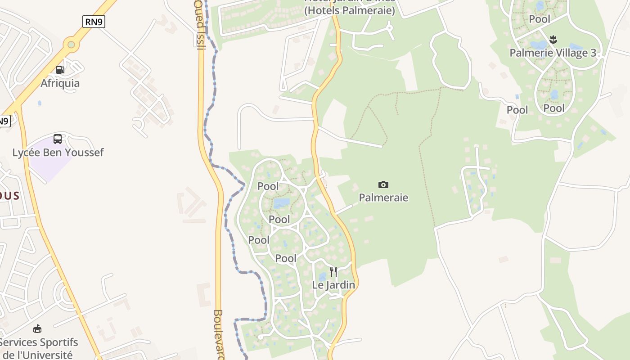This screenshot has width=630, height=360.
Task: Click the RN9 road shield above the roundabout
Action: [94, 22]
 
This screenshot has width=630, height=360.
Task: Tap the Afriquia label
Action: [60, 83]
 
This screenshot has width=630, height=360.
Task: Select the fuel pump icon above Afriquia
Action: [60, 69]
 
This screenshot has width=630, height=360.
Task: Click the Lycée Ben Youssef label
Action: [58, 153]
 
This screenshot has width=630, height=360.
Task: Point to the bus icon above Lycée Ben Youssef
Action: [58, 139]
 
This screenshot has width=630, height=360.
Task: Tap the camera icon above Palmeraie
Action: [383, 184]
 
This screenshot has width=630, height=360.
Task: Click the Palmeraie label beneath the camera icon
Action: [383, 198]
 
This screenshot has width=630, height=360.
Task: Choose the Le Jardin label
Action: [333, 285]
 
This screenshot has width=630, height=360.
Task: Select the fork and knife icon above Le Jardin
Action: [333, 271]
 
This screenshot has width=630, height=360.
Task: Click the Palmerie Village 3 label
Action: [553, 53]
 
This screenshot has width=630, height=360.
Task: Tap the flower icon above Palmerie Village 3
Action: [553, 39]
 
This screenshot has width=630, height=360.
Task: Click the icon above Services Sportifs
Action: [37, 329]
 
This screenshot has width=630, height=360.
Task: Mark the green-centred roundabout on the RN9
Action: [71, 44]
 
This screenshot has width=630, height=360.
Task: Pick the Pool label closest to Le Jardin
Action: [286, 258]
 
